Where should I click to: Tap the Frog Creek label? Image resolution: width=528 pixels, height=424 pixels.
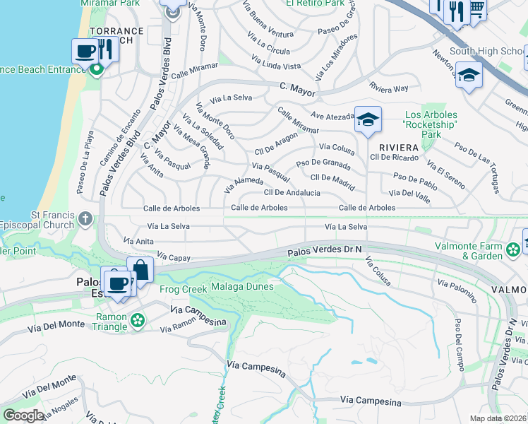(184, 289)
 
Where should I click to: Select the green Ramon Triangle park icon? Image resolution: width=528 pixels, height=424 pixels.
(137, 322)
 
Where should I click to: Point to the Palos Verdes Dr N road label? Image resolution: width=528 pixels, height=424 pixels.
(325, 251)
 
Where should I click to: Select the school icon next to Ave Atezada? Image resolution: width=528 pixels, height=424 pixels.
(368, 120)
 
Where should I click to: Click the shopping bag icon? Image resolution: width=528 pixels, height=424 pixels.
(140, 270)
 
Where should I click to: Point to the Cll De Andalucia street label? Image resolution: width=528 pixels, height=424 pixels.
(292, 192)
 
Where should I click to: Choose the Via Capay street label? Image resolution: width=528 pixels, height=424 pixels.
(174, 258)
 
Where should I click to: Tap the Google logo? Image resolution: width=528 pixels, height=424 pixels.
(23, 415)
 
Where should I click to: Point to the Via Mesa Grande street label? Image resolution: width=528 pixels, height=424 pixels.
(192, 146)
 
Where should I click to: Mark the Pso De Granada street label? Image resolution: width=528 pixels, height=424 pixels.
(323, 163)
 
